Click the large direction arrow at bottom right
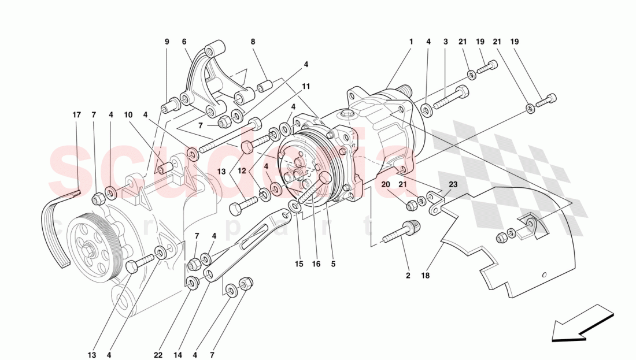pyautogui.click(x=580, y=325)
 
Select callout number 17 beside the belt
pyautogui.click(x=77, y=115)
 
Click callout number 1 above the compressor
pyautogui.click(x=411, y=42)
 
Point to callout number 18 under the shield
pyautogui.click(x=426, y=276)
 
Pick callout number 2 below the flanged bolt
pyautogui.click(x=408, y=276)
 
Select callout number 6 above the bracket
pyautogui.click(x=184, y=42)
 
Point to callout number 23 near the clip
pyautogui.click(x=453, y=185)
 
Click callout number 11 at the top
pyautogui.click(x=306, y=87)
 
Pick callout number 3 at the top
pyautogui.click(x=446, y=42)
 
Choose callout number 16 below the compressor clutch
pyautogui.click(x=316, y=265)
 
